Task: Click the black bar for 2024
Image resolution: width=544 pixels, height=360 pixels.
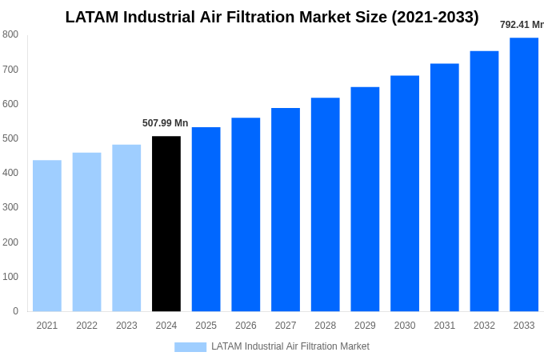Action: pyautogui.click(x=166, y=224)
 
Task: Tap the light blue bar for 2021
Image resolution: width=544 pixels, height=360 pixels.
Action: pyautogui.click(x=47, y=236)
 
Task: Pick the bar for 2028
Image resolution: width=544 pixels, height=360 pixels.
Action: pyautogui.click(x=325, y=205)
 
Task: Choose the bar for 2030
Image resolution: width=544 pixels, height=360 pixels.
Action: pyautogui.click(x=405, y=194)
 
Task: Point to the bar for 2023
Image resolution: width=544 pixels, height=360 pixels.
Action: pyautogui.click(x=126, y=228)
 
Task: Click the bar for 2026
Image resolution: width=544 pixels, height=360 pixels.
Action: pyautogui.click(x=246, y=214)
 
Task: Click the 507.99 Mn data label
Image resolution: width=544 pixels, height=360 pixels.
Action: pyautogui.click(x=166, y=123)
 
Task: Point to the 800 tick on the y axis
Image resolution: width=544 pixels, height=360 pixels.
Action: pyautogui.click(x=10, y=34)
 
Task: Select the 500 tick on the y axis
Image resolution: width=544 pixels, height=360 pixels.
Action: pyautogui.click(x=10, y=138)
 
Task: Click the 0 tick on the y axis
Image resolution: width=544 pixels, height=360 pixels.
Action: pyautogui.click(x=15, y=311)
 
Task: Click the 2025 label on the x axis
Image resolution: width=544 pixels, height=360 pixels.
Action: pyautogui.click(x=206, y=326)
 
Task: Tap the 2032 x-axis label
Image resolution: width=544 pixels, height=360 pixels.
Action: pyautogui.click(x=484, y=326)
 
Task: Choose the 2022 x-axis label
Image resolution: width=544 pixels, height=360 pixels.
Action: pyautogui.click(x=86, y=326)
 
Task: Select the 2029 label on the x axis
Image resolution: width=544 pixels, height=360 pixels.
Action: pyautogui.click(x=365, y=326)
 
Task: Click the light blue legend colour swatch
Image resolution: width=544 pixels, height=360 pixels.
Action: pyautogui.click(x=190, y=347)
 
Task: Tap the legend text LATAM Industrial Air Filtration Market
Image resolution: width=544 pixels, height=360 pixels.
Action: pyautogui.click(x=290, y=346)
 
